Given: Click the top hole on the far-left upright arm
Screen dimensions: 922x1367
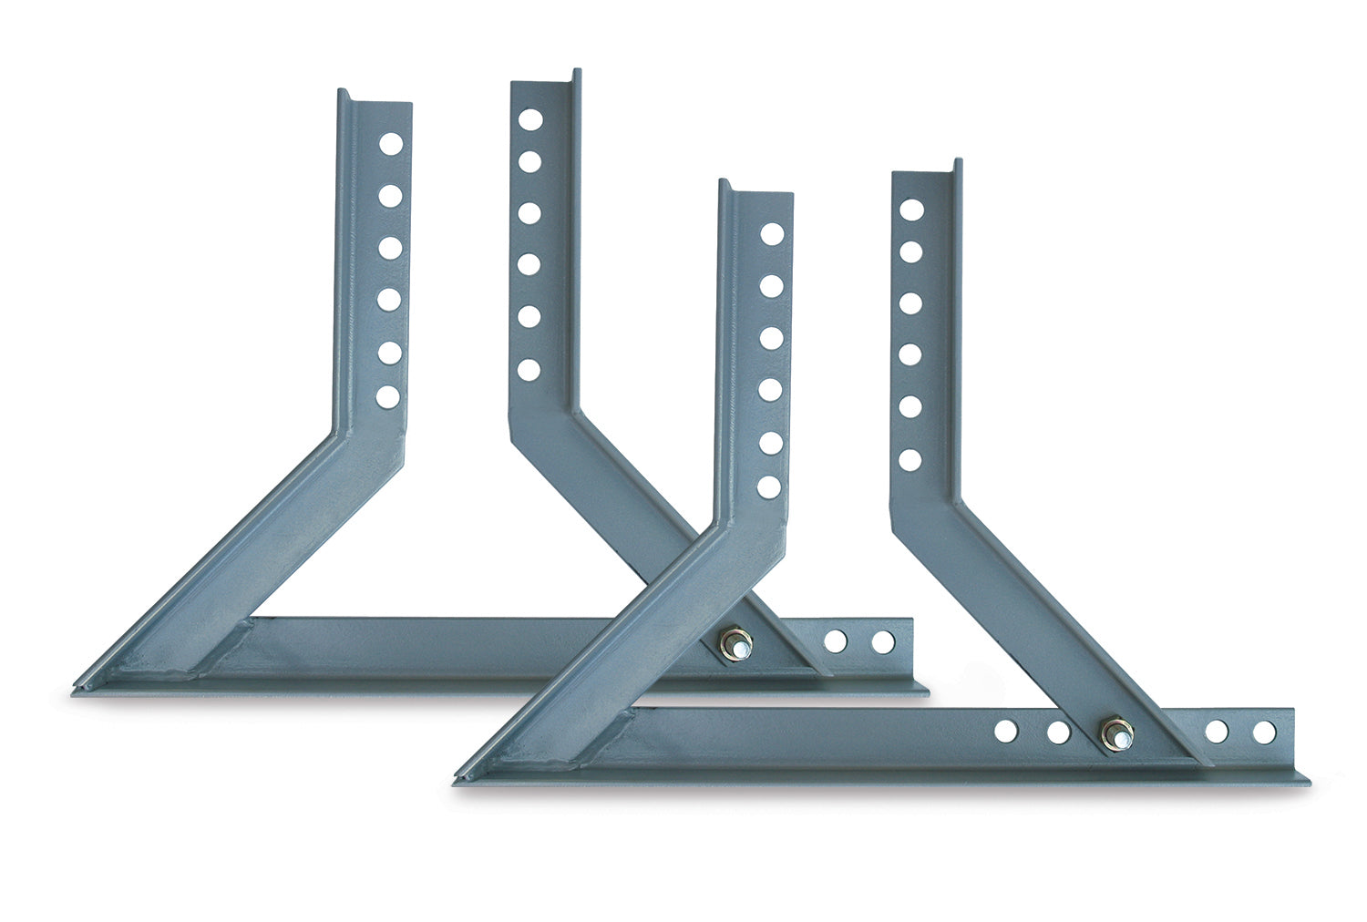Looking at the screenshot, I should [x=390, y=144].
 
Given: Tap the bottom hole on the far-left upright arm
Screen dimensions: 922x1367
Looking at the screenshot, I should [x=388, y=396].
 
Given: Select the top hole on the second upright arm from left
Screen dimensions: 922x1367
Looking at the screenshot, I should [x=529, y=119].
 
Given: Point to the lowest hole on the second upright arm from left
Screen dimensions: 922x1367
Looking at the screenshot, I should [x=528, y=370].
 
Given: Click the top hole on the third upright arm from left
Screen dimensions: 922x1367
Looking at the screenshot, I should [x=772, y=234].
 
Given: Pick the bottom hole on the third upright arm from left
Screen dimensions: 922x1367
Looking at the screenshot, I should [x=769, y=487].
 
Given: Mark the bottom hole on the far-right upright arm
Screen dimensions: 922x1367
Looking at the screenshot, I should [x=910, y=460].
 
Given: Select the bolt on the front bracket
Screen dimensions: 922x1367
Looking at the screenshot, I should [x=1115, y=732].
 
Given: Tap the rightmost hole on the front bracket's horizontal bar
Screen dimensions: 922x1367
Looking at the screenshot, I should [x=1264, y=732].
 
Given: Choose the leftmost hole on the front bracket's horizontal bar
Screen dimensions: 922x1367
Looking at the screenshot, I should [x=1006, y=731].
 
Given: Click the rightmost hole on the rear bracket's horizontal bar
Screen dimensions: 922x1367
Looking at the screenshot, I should [x=883, y=642].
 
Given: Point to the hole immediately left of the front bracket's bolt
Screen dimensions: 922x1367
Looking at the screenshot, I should [x=1058, y=732].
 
